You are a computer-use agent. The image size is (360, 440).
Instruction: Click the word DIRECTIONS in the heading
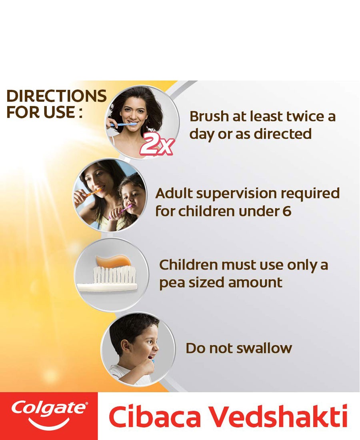pyautogui.click(x=56, y=96)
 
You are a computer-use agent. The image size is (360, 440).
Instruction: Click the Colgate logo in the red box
pyautogui.click(x=49, y=414)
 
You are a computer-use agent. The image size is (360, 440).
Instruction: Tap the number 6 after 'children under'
pyautogui.click(x=287, y=211)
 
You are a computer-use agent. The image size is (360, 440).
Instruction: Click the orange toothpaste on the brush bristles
pyautogui.click(x=113, y=261)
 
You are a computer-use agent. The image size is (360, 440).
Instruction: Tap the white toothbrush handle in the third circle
pyautogui.click(x=107, y=286)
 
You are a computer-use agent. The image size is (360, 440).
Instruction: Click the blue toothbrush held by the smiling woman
pyautogui.click(x=124, y=124)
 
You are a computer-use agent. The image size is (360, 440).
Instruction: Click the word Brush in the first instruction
pyautogui.click(x=209, y=116)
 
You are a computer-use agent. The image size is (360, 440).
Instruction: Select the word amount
pyautogui.click(x=255, y=282)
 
